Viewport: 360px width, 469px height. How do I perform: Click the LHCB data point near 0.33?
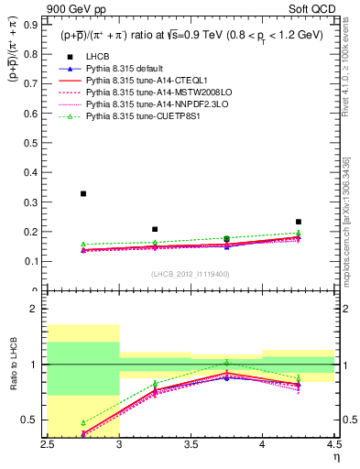tap(83, 193)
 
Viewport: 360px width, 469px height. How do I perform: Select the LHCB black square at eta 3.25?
tap(155, 229)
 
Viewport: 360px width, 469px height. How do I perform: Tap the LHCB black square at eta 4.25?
tap(299, 222)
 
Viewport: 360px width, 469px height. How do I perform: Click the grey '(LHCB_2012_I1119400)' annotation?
tap(191, 275)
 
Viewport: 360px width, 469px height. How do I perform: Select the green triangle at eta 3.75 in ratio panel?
tap(226, 364)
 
